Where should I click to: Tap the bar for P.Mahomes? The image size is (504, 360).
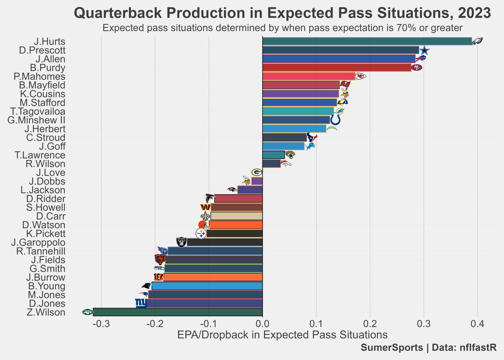pos(309,76)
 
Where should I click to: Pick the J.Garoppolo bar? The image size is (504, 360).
pos(224,242)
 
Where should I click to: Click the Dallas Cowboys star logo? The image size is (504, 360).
pos(425,50)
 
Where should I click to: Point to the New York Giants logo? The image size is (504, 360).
pos(141,303)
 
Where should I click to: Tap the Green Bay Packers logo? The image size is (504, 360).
pos(257,172)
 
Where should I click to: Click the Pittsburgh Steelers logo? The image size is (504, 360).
pos(201,234)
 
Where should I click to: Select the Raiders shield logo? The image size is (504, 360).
pos(181,242)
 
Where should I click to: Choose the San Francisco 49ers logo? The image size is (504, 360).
pos(416,68)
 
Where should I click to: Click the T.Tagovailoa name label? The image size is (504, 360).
pos(38,111)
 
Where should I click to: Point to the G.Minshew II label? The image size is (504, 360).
pos(37,120)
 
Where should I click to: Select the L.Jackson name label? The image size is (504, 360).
pos(43,190)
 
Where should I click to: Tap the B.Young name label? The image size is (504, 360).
pos(46,286)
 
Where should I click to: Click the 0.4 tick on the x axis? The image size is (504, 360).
pos(477,324)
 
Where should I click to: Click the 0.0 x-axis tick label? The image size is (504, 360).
pos(262,324)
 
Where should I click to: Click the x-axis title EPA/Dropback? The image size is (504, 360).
pos(282,335)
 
